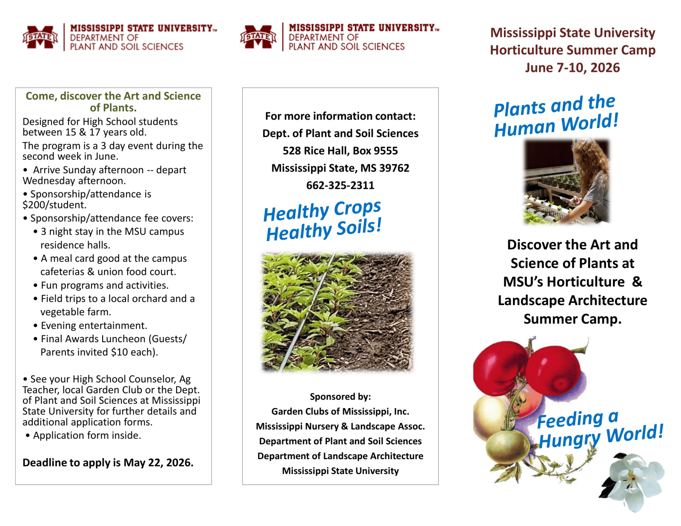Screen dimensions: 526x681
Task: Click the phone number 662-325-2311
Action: click(340, 185)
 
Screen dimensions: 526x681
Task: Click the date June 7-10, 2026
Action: click(572, 68)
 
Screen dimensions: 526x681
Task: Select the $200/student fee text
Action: click(54, 205)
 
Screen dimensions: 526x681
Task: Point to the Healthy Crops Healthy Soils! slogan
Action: click(322, 220)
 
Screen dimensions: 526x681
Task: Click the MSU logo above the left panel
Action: click(40, 37)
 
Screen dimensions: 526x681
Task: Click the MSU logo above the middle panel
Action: click(258, 37)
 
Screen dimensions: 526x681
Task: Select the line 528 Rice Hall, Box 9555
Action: click(340, 151)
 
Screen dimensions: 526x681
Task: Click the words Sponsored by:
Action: click(340, 397)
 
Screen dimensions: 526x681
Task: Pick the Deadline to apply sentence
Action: click(108, 463)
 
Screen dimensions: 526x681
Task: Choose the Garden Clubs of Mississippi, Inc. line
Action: click(340, 412)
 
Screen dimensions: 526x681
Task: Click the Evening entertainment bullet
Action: click(94, 326)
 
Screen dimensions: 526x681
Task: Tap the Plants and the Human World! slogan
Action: click(555, 116)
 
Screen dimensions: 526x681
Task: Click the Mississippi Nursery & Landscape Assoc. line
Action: click(340, 426)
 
